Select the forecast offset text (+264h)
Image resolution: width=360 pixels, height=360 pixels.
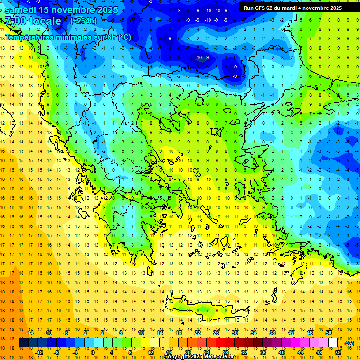tap(83, 21)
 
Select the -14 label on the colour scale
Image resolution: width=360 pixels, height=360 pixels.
tap(30, 333)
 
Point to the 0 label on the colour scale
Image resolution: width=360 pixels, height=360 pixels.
tap(93, 352)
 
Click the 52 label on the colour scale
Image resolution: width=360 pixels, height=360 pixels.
tap(338, 352)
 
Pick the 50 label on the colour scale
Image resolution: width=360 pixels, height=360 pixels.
tap(328, 333)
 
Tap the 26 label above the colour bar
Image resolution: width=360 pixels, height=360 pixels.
tap(216, 333)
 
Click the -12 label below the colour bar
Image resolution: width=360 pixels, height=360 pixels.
tap(39, 352)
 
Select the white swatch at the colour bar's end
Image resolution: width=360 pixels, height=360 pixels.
tap(333, 343)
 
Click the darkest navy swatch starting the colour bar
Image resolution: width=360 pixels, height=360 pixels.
tap(23, 343)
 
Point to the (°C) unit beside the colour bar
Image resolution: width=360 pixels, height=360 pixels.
tap(349, 343)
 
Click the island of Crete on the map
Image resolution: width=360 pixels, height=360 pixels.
tap(206, 309)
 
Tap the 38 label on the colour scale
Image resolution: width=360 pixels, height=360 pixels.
tap(272, 333)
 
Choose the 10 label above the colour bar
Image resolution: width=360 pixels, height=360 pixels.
tap(141, 333)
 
